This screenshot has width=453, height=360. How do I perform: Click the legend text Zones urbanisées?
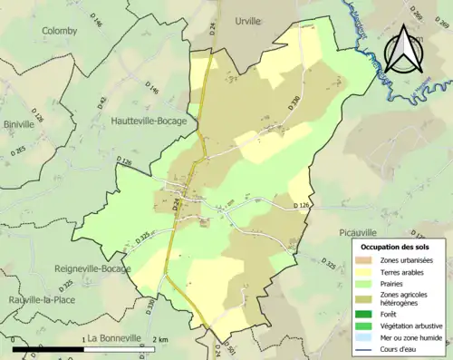click(406, 260)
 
